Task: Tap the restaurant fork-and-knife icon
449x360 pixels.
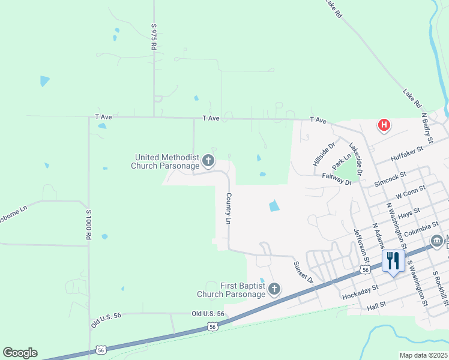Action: pos(393,260)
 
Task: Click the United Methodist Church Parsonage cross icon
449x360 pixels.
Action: pos(208,160)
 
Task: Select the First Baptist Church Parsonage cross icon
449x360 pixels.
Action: pos(274,290)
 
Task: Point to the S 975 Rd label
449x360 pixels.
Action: pos(154,37)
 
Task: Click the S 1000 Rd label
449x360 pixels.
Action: pos(88,225)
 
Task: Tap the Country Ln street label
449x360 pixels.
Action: pos(229,208)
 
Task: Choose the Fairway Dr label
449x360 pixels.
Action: pos(336,179)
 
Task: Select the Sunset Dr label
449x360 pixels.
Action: pos(304,272)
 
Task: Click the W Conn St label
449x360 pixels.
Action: pos(411,193)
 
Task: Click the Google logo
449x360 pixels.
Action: pos(20,353)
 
